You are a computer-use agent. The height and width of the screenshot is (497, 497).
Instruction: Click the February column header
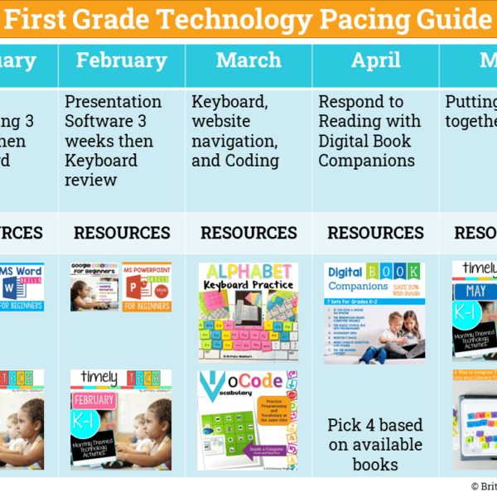pyautogui.click(x=121, y=60)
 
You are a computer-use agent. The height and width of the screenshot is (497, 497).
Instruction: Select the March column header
pyautogui.click(x=248, y=60)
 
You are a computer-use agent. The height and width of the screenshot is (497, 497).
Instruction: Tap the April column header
pyautogui.click(x=375, y=60)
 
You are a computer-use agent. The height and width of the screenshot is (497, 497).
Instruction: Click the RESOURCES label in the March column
pyautogui.click(x=248, y=233)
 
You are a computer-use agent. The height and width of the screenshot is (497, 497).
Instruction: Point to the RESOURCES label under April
pyautogui.click(x=375, y=233)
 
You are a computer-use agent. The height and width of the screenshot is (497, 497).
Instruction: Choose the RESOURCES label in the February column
pyautogui.click(x=122, y=233)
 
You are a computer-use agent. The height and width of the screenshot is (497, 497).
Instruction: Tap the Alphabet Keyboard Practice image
pyautogui.click(x=248, y=311)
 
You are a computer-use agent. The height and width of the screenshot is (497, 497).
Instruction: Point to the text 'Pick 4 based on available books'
pyautogui.click(x=375, y=445)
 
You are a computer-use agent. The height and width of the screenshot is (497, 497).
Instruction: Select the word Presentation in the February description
pyautogui.click(x=113, y=102)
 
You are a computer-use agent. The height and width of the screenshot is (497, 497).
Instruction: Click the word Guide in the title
pyautogui.click(x=454, y=18)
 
